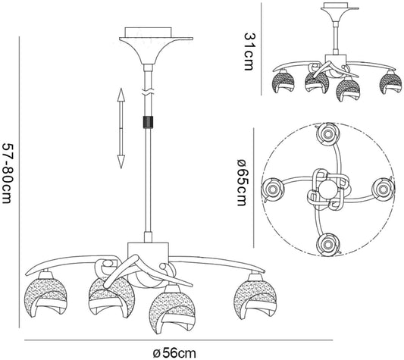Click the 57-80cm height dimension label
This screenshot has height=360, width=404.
(x=6, y=173)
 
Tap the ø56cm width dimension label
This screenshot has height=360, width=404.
(x=174, y=352)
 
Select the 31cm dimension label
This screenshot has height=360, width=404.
(x=249, y=52)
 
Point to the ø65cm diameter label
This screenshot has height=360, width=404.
(x=242, y=183)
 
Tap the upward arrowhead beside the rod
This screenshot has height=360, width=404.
(x=121, y=95)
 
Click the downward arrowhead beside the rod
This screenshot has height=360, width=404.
(x=121, y=162)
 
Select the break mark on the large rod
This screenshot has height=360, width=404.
(x=148, y=92)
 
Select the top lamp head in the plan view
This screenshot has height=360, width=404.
(x=327, y=134)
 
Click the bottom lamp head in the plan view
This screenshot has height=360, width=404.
(x=327, y=244)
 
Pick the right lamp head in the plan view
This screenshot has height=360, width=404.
(x=383, y=189)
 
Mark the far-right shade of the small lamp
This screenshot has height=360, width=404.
(x=391, y=82)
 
